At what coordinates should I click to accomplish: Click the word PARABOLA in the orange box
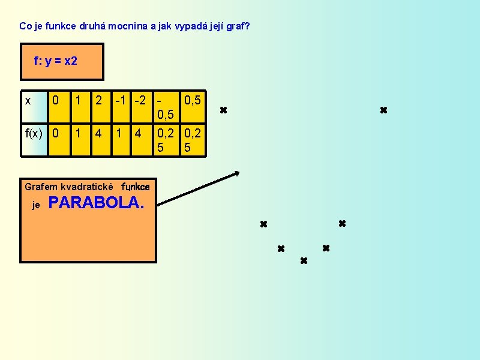tap(97, 203)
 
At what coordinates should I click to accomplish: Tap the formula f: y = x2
tap(56, 61)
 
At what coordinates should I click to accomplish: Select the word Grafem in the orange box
tap(41, 187)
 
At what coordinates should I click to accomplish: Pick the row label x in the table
tap(28, 100)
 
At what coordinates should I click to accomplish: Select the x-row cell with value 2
tap(98, 100)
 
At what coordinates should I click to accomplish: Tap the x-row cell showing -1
tap(120, 100)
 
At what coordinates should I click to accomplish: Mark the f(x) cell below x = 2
tap(98, 133)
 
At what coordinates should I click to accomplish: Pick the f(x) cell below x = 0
tap(56, 133)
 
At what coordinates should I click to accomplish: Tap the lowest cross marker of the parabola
tap(304, 261)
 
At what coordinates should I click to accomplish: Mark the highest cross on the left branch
tap(223, 110)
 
